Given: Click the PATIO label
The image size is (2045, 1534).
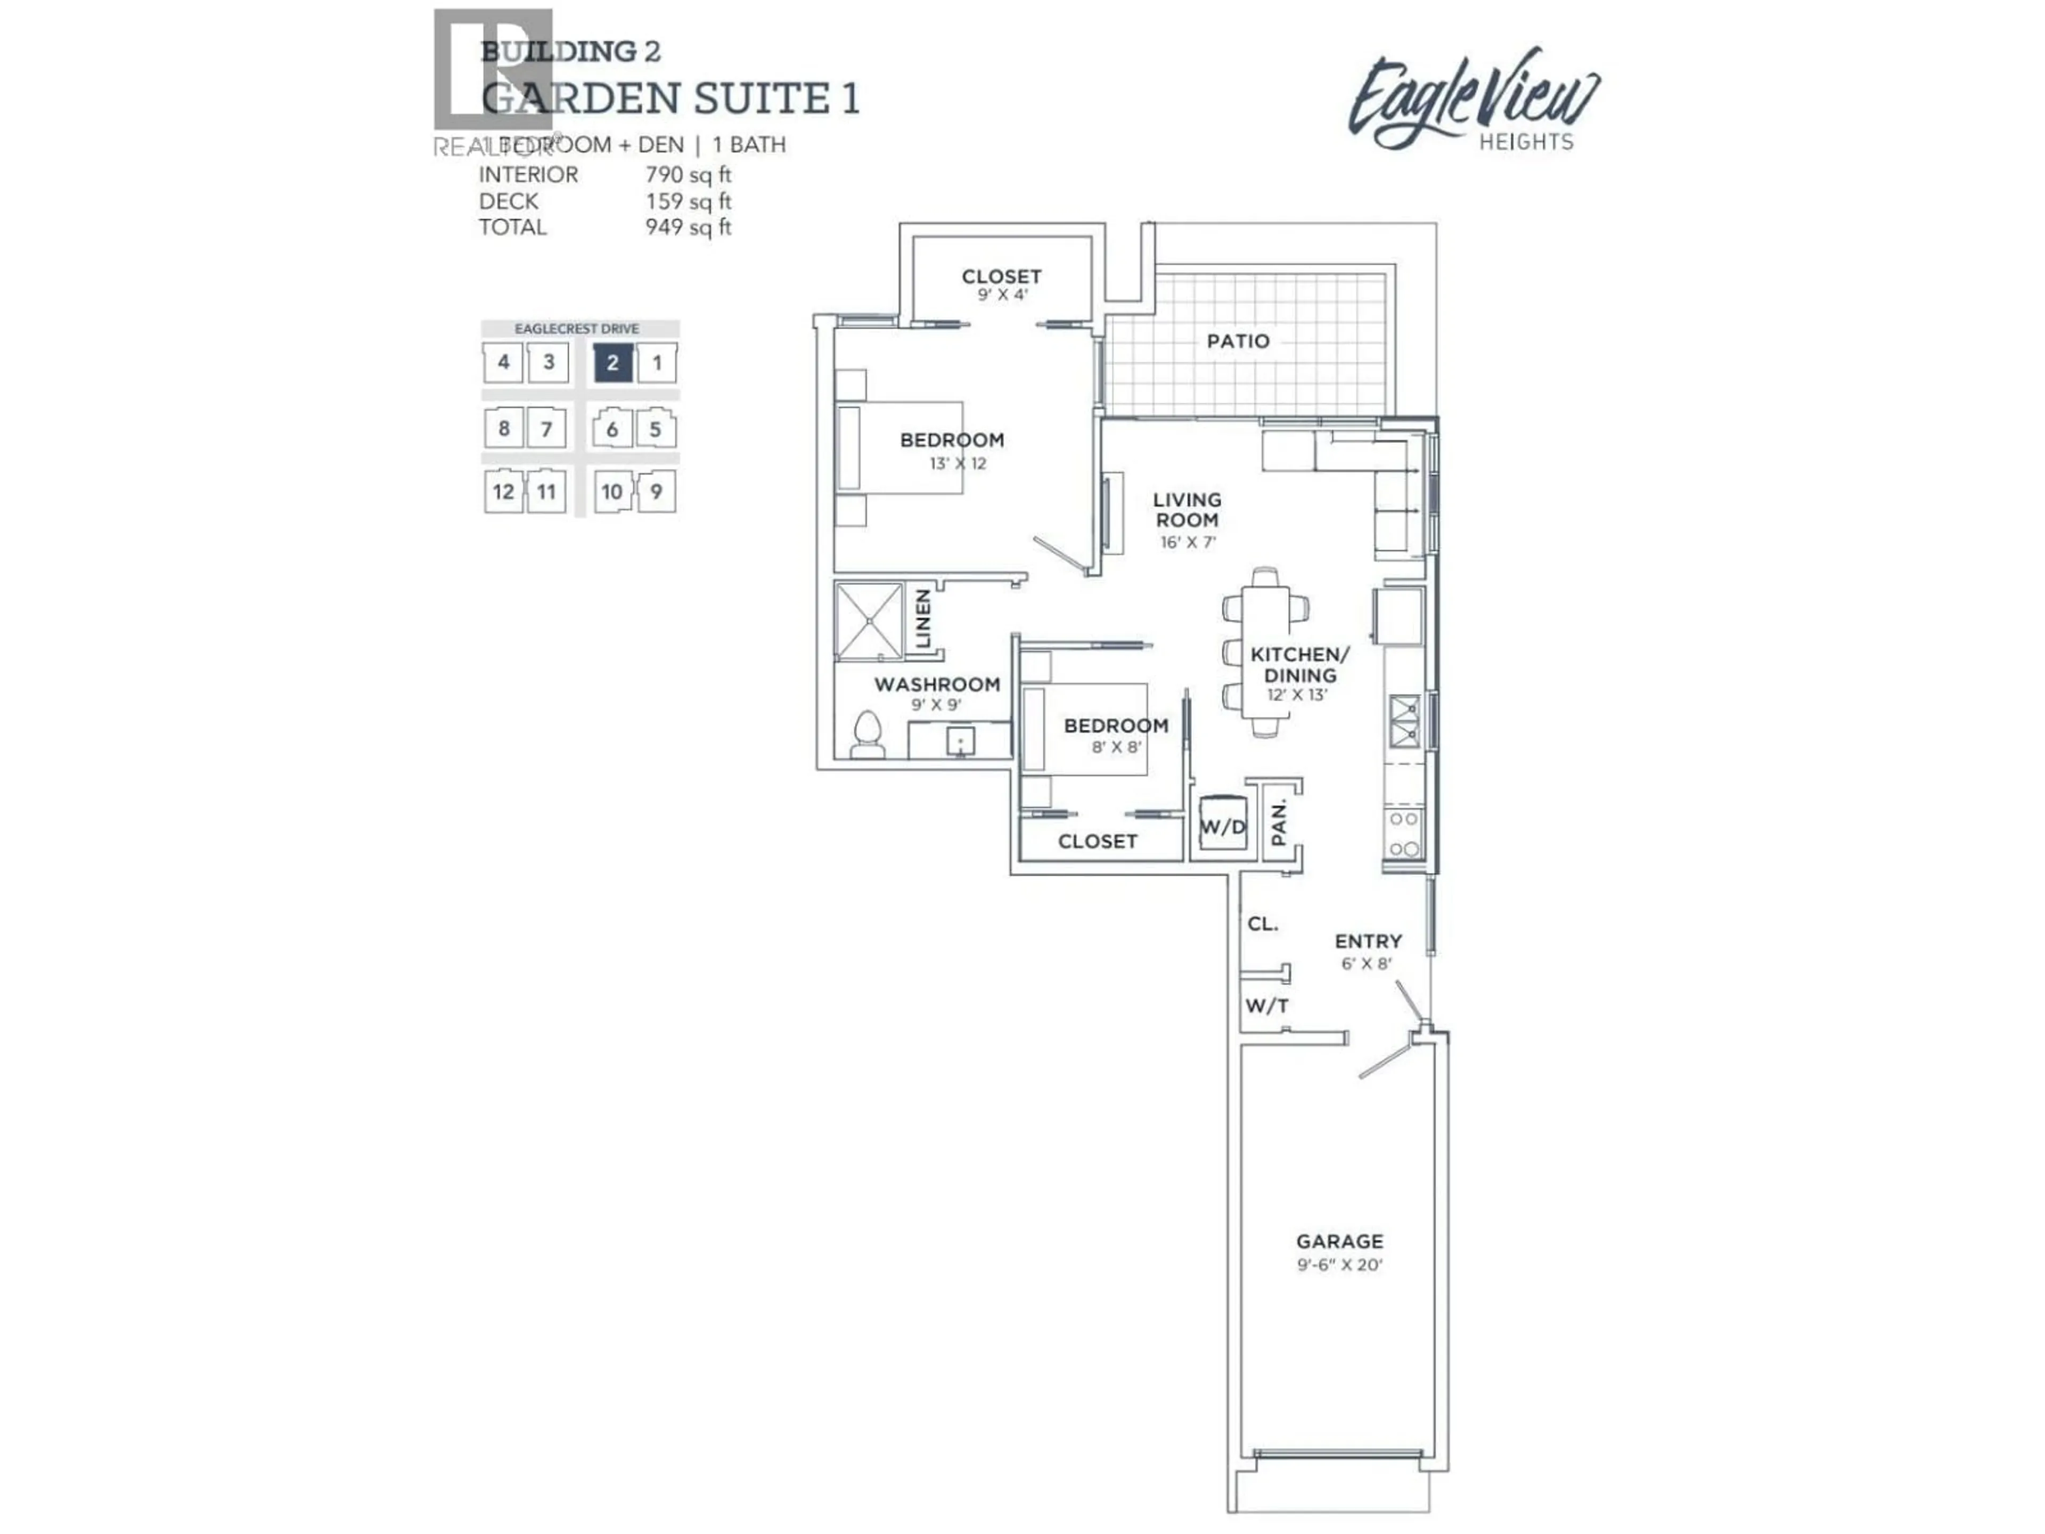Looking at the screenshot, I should coord(1238,341).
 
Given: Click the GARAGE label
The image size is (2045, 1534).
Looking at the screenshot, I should coord(1339,1241).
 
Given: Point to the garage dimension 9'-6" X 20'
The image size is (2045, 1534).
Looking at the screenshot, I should coord(1339,1264).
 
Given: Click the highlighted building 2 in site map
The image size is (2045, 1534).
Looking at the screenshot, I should coord(612,363).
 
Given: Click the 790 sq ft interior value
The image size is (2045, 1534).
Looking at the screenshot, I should coord(688,175).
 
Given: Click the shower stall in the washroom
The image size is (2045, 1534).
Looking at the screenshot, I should coord(869,621).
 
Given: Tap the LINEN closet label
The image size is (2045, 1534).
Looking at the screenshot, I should coord(923,619).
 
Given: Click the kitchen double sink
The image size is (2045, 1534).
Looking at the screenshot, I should coord(1404,721).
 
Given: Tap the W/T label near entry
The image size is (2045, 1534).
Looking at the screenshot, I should coord(1266,1006).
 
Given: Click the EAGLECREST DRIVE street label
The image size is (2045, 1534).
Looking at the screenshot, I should coord(577,328).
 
